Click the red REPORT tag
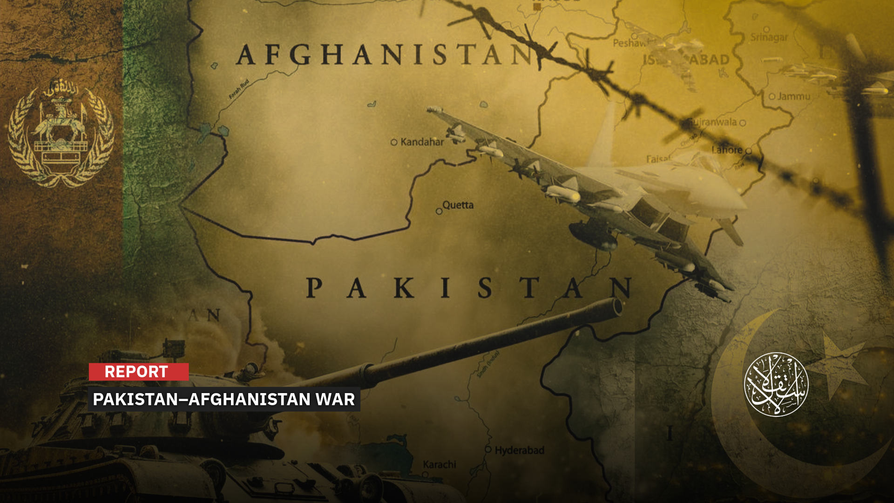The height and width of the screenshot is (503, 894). (138, 372)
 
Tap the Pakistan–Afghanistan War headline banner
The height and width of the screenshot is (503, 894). (223, 399)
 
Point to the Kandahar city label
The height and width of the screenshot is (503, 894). (422, 142)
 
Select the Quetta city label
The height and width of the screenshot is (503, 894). (458, 205)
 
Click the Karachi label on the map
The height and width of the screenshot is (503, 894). (439, 464)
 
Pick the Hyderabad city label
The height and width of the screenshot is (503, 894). (519, 450)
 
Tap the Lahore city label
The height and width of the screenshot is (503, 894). (727, 150)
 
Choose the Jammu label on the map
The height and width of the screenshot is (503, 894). (793, 96)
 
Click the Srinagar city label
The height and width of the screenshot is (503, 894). (769, 37)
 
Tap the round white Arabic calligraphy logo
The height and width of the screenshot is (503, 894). (776, 384)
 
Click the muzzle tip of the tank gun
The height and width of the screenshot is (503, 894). (617, 307)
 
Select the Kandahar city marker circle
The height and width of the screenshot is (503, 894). (394, 143)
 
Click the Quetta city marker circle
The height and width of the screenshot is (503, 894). (439, 211)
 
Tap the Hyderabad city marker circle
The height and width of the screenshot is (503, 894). (488, 449)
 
